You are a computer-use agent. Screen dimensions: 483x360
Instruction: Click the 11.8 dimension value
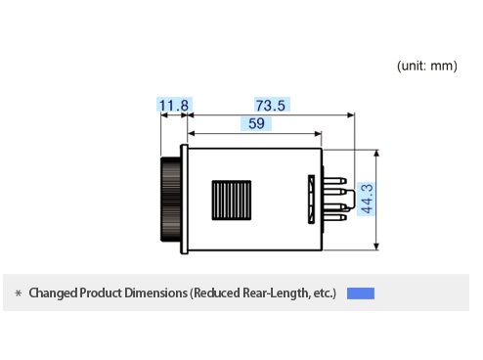[x=174, y=106]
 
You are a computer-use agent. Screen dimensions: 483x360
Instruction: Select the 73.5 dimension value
[x=271, y=106]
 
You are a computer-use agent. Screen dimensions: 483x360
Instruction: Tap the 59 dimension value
[x=256, y=123]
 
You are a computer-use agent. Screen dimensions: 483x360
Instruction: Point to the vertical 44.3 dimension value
[x=367, y=199]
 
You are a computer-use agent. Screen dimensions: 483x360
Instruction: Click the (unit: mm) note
[x=427, y=66]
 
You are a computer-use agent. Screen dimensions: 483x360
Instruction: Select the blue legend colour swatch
[x=361, y=293]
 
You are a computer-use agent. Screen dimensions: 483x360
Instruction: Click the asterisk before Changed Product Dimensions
[x=19, y=293]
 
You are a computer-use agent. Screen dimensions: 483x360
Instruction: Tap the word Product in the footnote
[x=101, y=292]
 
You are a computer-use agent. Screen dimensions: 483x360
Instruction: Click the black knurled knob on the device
[x=170, y=200]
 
